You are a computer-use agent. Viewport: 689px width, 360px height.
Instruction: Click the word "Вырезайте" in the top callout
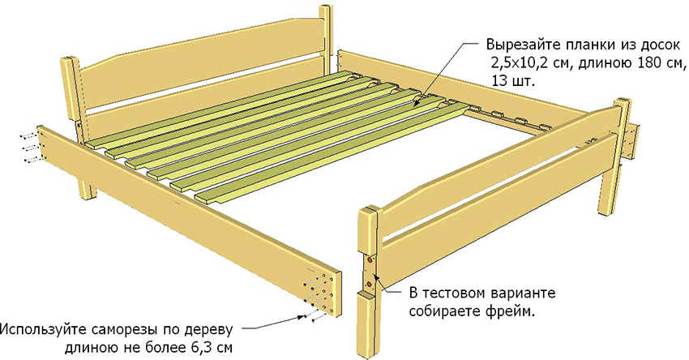520,44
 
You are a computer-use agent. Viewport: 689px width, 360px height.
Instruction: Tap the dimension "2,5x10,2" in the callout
519,62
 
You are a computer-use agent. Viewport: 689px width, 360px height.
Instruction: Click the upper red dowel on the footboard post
370,260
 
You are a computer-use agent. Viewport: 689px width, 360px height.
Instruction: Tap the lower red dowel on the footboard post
369,284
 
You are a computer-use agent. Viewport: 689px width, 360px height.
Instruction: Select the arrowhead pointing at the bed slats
418,102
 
